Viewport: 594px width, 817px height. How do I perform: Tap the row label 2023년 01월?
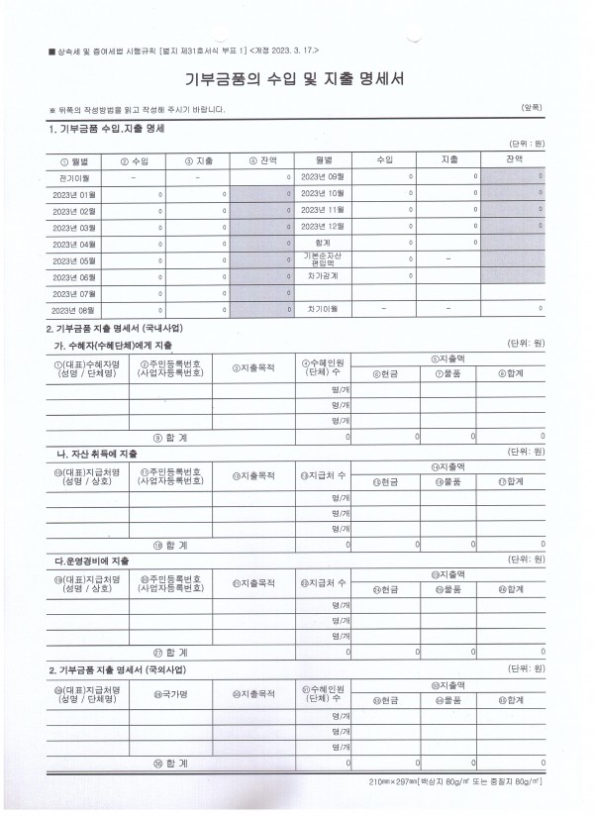(x=74, y=193)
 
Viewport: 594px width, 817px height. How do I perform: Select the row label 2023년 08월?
(x=74, y=309)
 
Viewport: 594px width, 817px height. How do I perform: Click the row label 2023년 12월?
(x=322, y=227)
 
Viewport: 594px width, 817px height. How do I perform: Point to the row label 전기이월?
(x=74, y=176)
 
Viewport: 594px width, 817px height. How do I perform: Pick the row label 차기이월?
(x=322, y=309)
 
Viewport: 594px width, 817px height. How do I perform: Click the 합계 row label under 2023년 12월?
(x=322, y=243)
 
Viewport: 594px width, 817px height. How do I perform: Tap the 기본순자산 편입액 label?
(x=322, y=259)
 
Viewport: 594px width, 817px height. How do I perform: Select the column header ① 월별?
(x=74, y=159)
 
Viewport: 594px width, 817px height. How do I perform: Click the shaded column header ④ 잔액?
(x=261, y=159)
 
